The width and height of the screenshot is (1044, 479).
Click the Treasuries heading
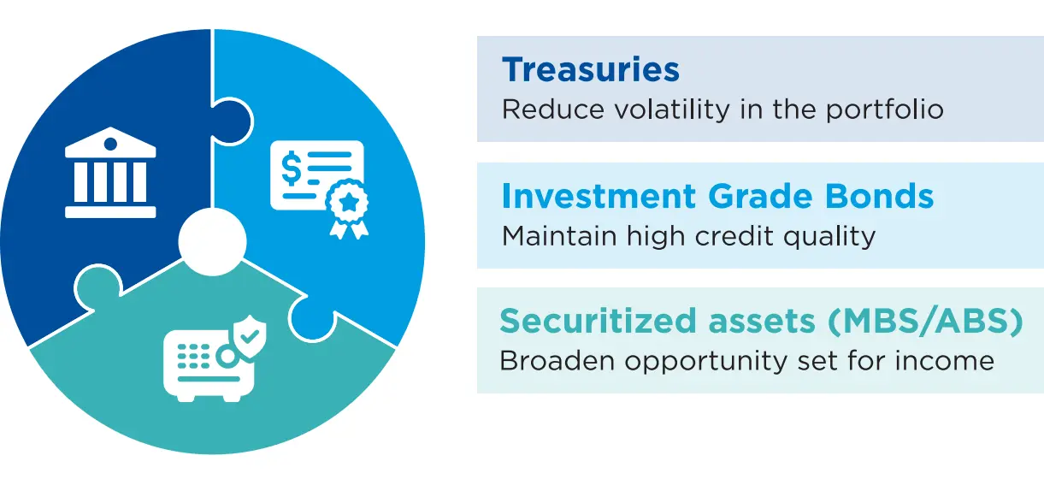coord(591,70)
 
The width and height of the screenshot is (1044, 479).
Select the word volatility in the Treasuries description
coord(671,109)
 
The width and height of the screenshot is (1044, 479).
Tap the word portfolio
coord(885,110)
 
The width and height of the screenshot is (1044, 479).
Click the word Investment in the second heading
coord(599,196)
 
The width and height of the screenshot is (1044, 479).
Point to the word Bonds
coord(879,196)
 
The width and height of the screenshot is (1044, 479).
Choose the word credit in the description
coord(734,236)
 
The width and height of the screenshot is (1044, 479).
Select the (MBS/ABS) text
coord(925,322)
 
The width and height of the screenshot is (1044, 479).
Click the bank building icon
coord(110,172)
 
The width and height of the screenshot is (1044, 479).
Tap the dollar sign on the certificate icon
coord(292,168)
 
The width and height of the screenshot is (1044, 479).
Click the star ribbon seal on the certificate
coord(348,209)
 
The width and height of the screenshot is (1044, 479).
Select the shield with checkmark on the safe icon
coord(250,336)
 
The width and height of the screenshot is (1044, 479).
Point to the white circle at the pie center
coord(213,241)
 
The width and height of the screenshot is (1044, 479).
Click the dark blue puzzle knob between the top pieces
coord(233,121)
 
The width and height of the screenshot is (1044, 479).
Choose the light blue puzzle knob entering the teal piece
coord(312,318)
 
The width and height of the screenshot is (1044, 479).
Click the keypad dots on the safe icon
coord(193,357)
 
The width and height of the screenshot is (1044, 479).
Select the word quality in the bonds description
coord(829,237)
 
